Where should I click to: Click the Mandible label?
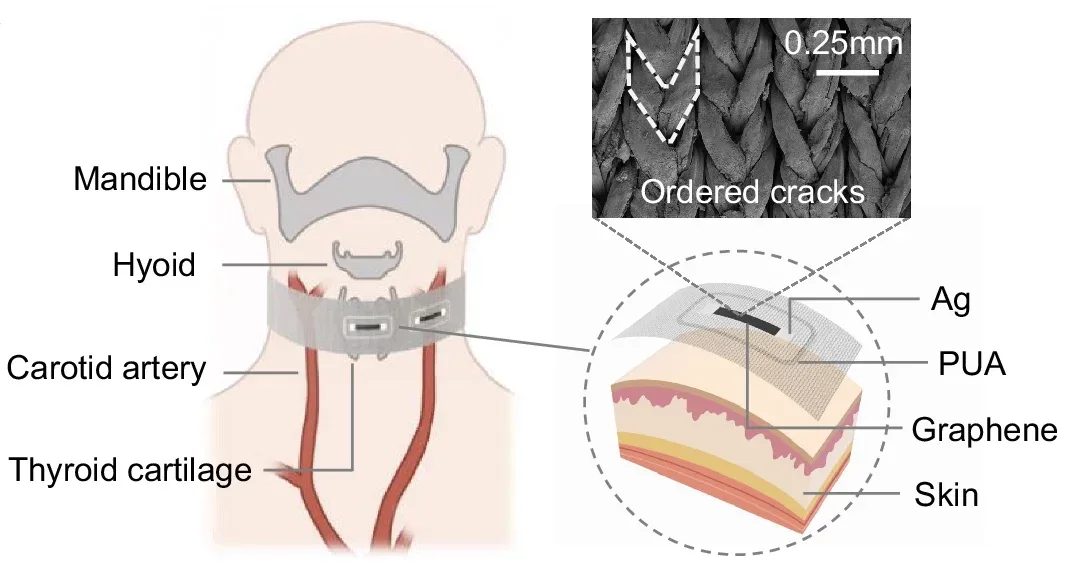[140, 179]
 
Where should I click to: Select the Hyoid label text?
[154, 265]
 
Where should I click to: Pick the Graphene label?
[984, 430]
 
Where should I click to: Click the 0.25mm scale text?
[843, 44]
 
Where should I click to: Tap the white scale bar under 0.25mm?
[842, 72]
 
